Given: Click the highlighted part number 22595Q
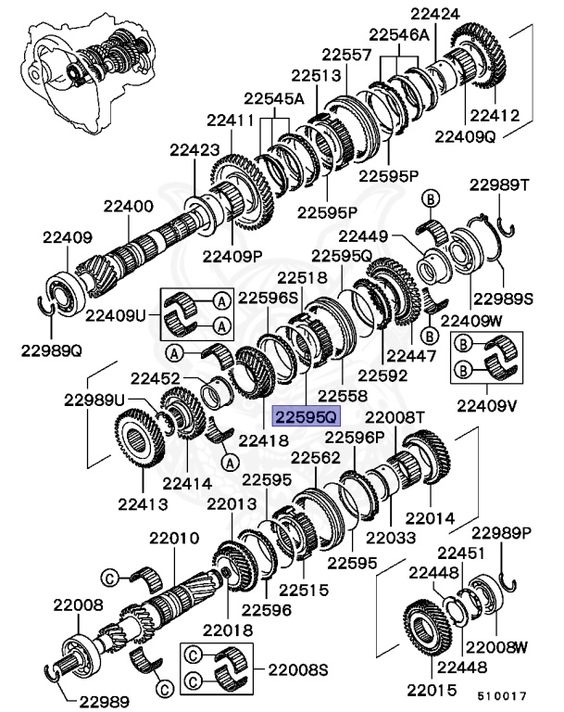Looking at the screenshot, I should click(x=306, y=416).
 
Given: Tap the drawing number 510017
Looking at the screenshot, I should click(x=503, y=693).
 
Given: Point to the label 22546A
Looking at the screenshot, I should click(x=399, y=34).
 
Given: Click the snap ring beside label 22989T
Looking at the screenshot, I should click(x=506, y=230).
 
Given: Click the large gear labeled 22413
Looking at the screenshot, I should click(x=141, y=448).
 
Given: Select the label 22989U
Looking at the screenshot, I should click(x=94, y=400).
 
